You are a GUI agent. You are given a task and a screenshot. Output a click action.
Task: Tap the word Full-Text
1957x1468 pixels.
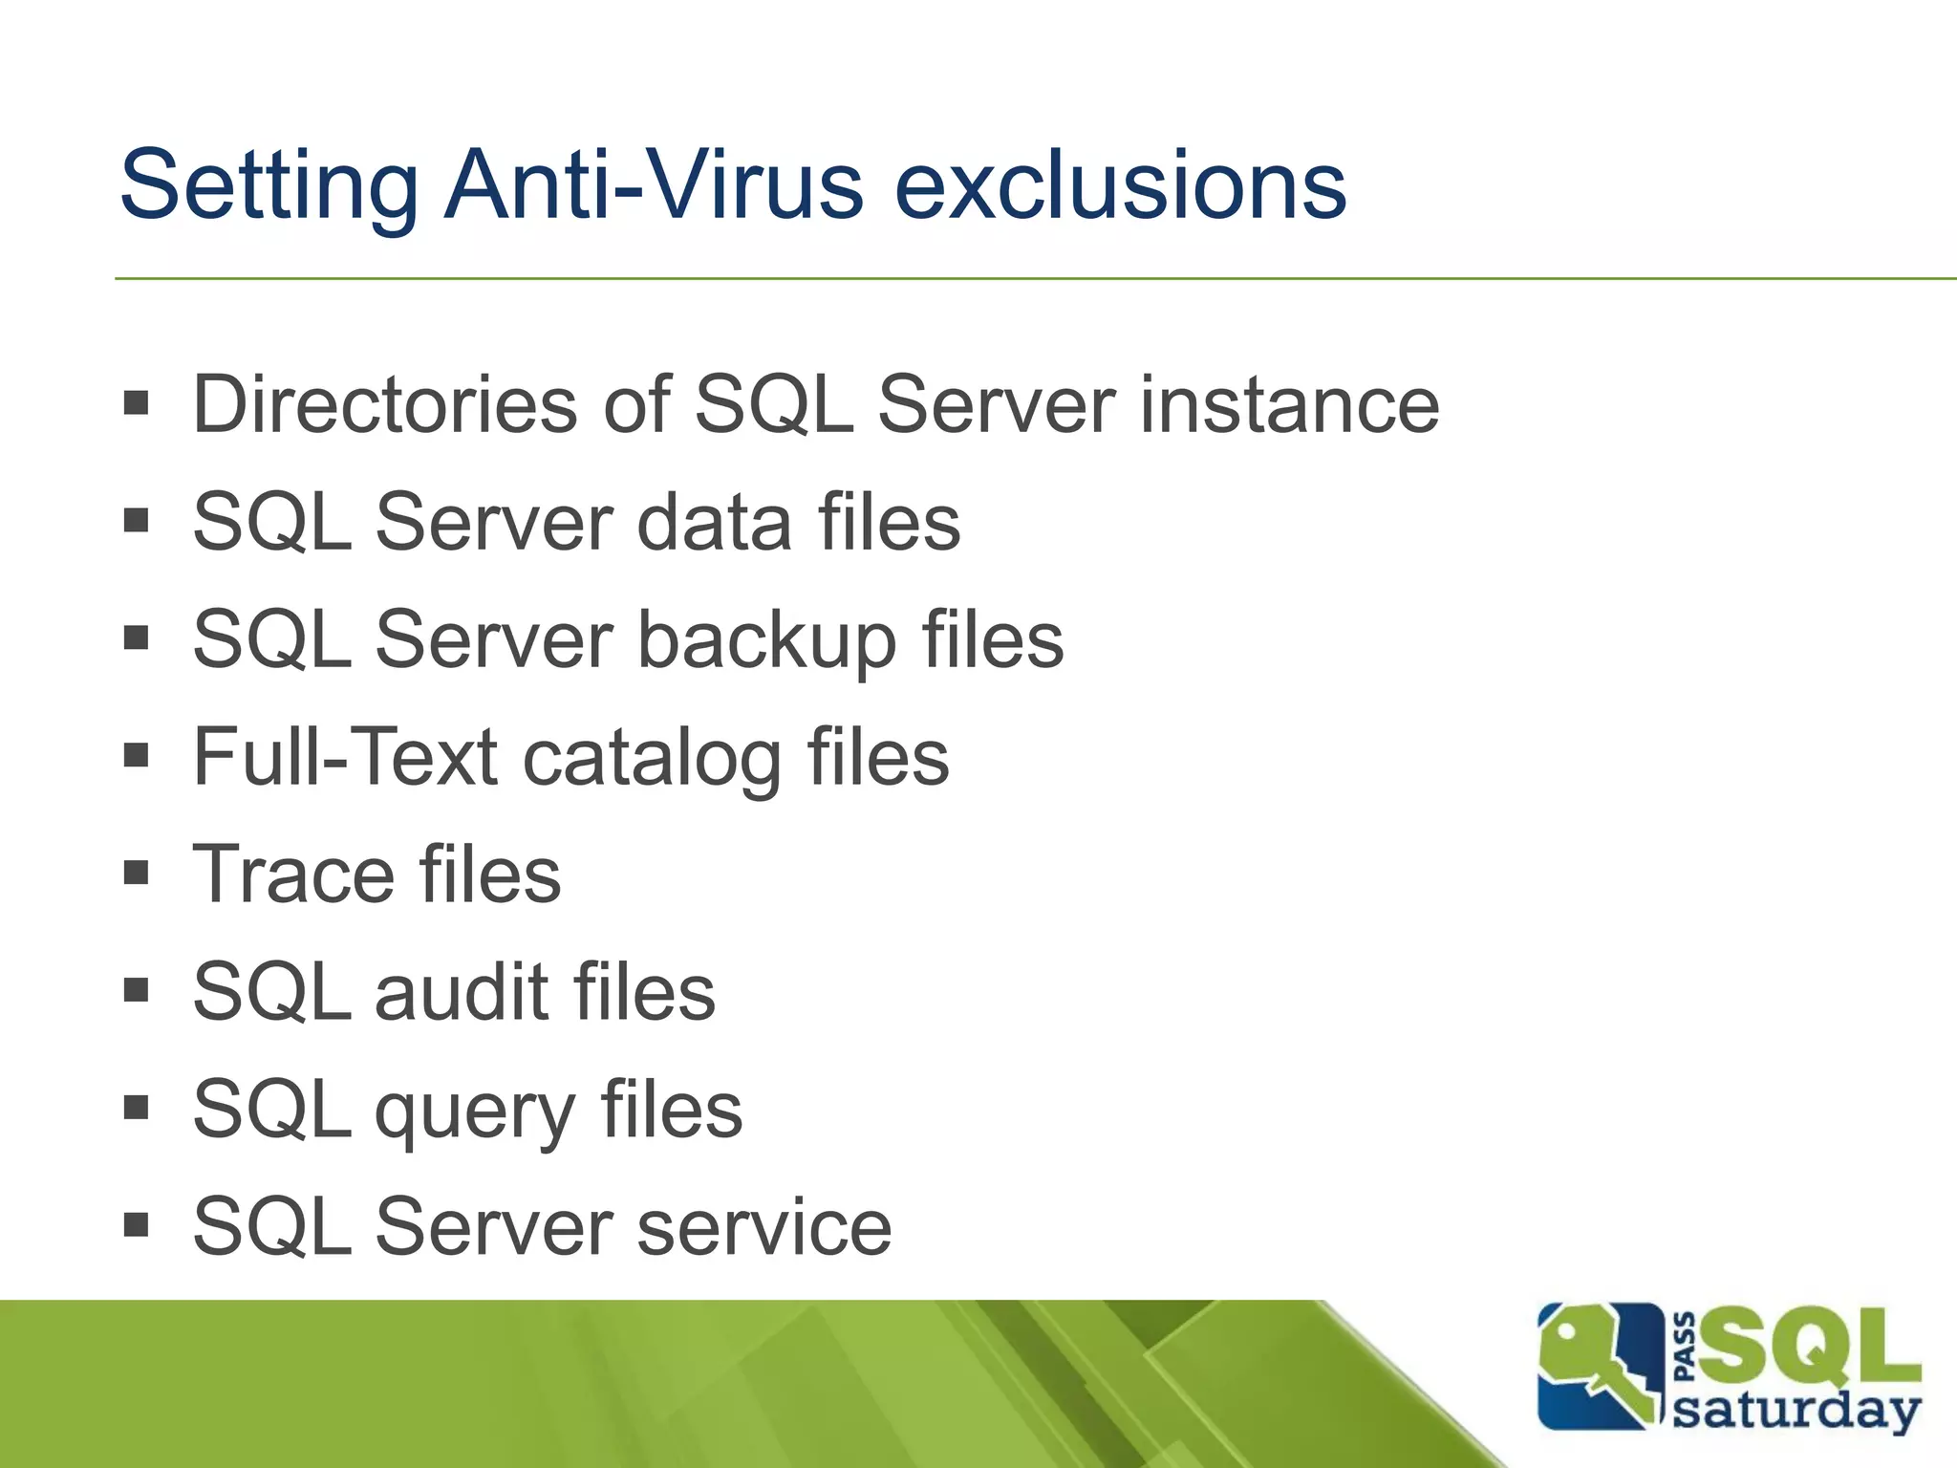pyautogui.click(x=345, y=757)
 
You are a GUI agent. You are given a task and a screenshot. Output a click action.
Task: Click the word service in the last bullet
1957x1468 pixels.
pyautogui.click(x=763, y=1227)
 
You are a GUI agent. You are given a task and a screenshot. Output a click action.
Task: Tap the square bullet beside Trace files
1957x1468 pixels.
pyautogui.click(x=137, y=873)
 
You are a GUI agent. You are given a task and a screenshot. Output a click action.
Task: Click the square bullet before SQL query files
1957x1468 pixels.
pyautogui.click(x=137, y=1108)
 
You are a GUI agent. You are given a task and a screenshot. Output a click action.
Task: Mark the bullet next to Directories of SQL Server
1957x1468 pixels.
pyautogui.click(x=137, y=402)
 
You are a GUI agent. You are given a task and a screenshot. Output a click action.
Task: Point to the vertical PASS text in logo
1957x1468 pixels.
pyautogui.click(x=1686, y=1348)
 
